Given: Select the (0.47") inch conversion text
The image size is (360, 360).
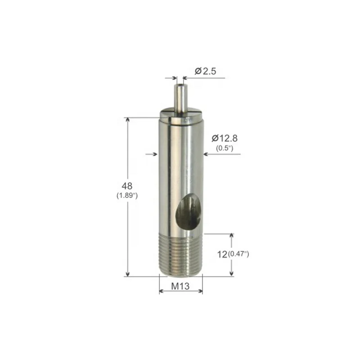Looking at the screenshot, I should [238, 254].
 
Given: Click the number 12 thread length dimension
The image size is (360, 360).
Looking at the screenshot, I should [221, 254].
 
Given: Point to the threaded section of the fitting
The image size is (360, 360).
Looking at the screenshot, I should [181, 255].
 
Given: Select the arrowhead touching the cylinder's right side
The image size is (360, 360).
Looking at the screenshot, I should [206, 154].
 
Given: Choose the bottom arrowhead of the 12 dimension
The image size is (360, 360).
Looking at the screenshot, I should [232, 273].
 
